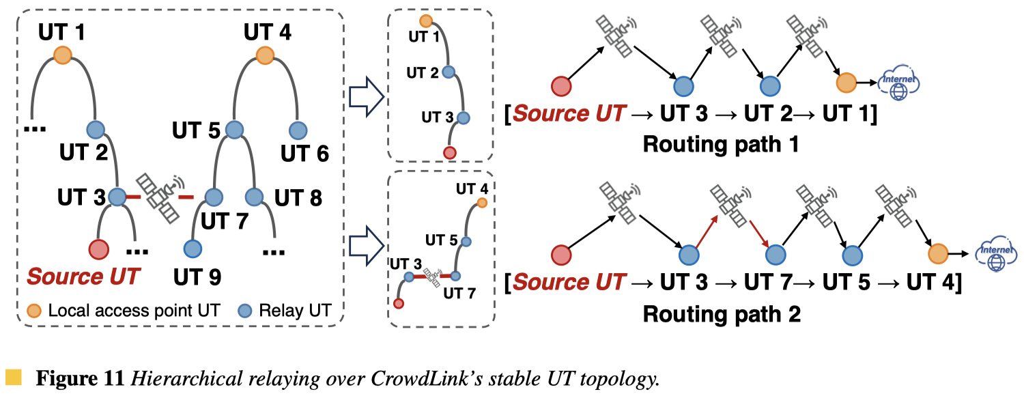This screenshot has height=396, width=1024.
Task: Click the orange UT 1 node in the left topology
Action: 62,55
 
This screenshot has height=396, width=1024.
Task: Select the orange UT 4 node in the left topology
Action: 264,55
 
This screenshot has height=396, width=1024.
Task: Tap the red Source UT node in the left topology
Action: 100,249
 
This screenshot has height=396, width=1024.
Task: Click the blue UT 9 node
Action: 193,249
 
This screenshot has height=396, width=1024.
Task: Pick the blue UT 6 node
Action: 298,129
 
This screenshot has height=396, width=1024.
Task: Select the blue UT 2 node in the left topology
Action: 95,129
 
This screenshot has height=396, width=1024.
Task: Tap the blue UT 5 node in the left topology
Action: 234,129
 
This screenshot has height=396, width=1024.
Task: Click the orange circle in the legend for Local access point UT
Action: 35,311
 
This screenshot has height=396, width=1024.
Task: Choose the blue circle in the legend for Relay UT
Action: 246,311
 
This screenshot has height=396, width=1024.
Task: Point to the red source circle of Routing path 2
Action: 561,255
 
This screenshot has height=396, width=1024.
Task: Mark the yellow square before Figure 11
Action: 12,376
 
